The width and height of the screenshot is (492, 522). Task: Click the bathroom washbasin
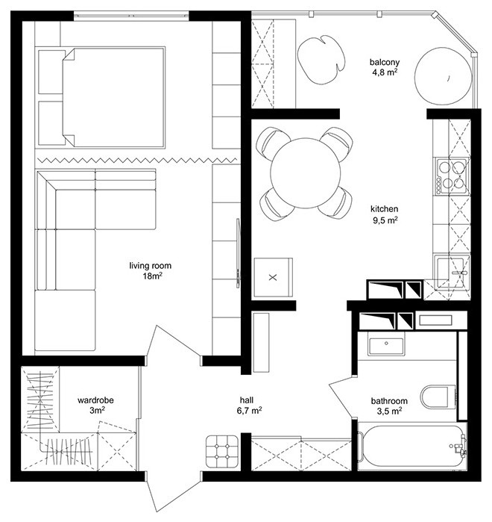point(386,346)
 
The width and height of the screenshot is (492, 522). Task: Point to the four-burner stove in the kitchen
point(453,175)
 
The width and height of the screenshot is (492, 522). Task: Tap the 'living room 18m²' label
point(145,270)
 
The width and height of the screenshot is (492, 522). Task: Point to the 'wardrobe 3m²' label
point(95,405)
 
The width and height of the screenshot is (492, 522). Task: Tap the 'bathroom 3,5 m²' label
point(388,405)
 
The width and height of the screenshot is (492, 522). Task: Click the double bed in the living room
point(112,97)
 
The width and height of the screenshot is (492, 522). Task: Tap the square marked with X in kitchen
point(272,277)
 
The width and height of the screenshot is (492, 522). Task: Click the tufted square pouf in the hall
point(221,450)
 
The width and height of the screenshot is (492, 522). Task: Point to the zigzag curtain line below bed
point(134,160)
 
